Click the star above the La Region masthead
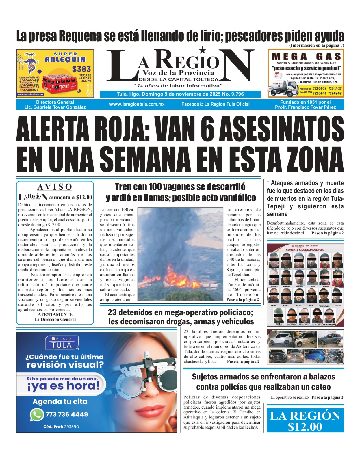coord(203,50)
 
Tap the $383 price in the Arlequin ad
coord(81,69)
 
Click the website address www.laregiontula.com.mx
coord(137,104)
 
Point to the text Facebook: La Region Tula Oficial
coord(215,104)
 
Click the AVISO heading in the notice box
coord(55,187)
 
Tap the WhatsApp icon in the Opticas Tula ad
coord(36,415)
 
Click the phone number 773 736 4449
coord(66,414)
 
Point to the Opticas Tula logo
coord(61,343)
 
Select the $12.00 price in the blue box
coord(305,426)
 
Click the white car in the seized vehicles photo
coord(280,339)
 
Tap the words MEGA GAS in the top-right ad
coord(306,57)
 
